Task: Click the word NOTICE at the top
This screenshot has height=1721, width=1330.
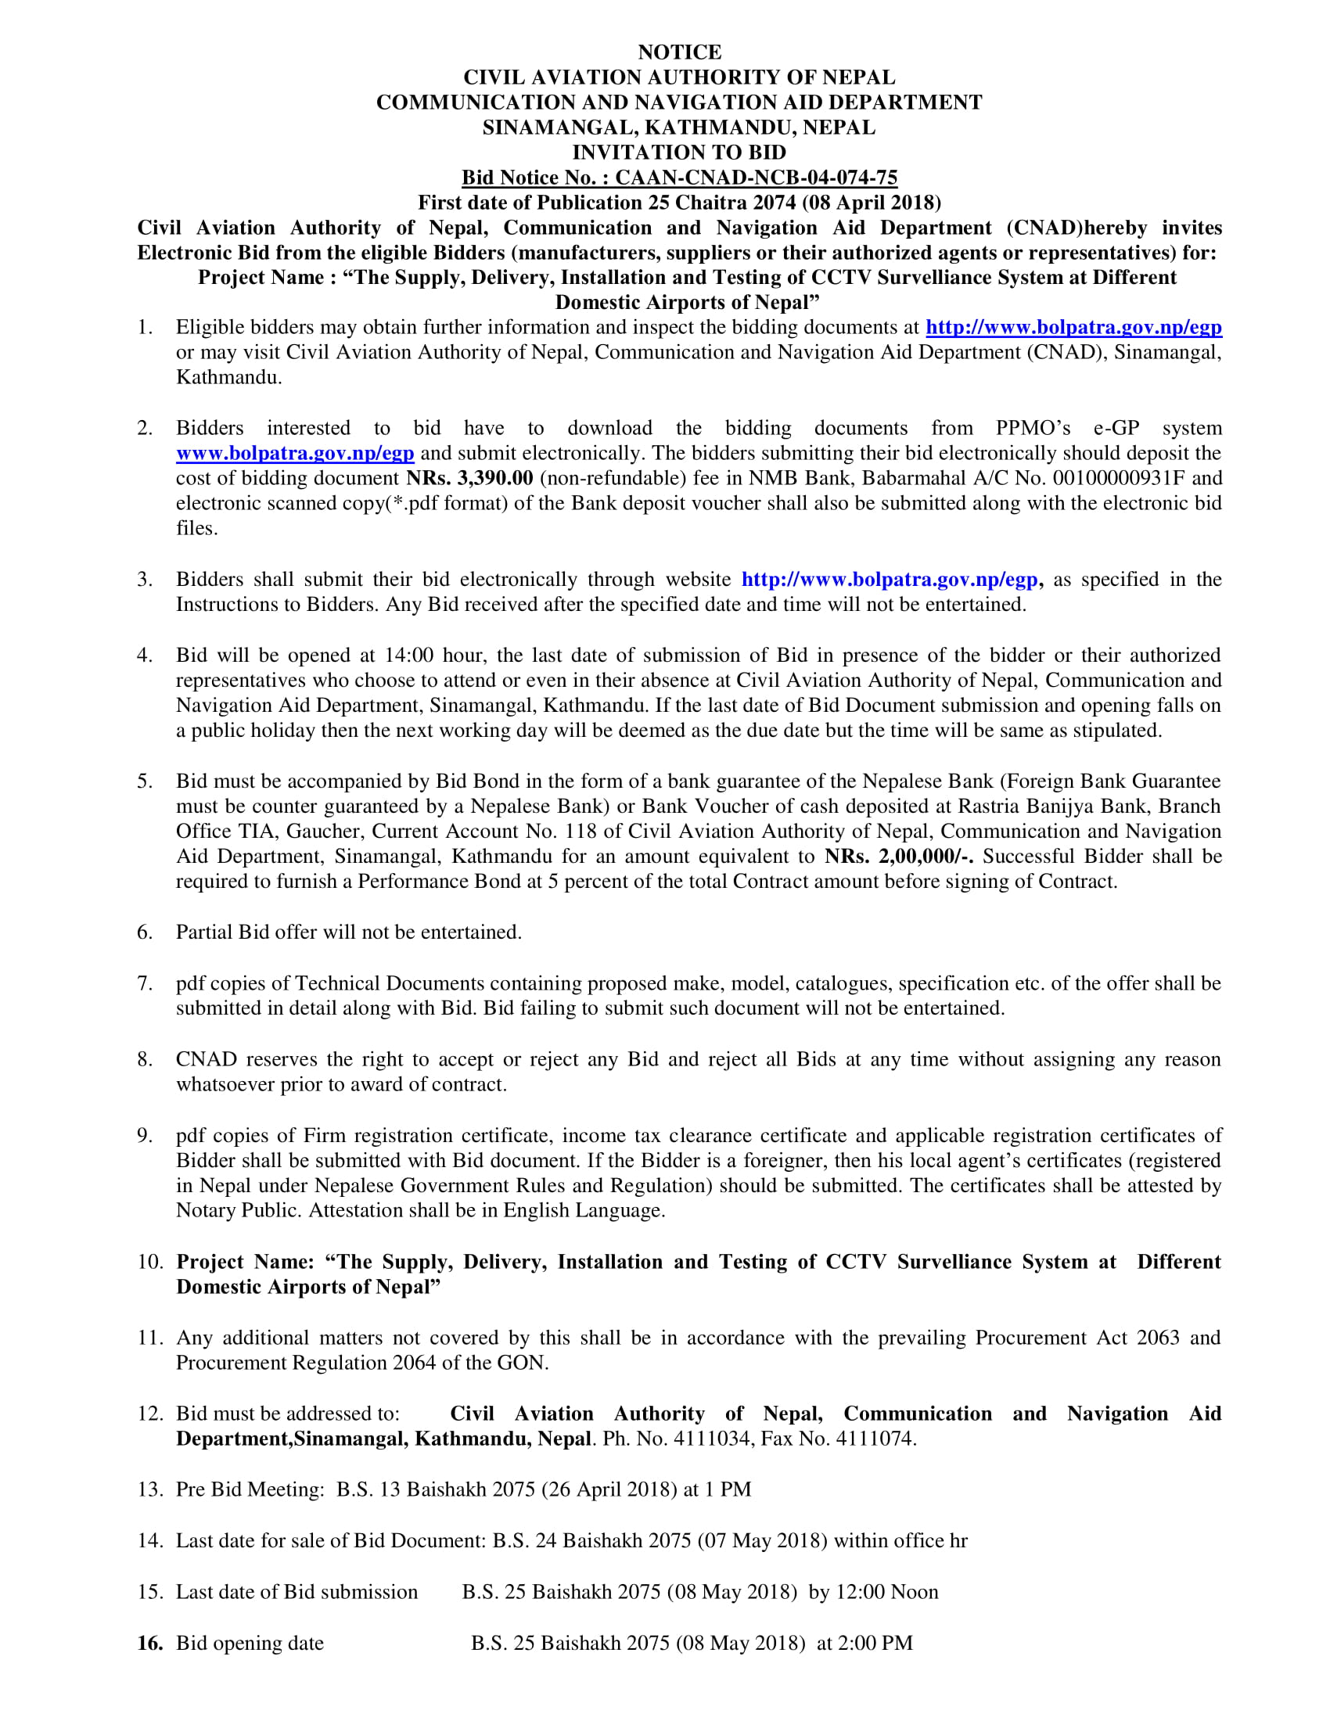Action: coord(679,52)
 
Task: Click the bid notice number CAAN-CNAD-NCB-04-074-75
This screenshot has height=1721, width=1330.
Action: coord(756,178)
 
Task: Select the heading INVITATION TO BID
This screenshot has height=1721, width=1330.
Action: coord(679,152)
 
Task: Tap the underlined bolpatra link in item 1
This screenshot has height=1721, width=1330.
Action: coord(1073,327)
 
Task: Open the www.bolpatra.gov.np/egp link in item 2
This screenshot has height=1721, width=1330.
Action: coord(295,453)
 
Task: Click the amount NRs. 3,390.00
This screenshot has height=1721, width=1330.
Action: coord(469,478)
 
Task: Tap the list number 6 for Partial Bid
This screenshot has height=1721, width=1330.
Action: coord(144,932)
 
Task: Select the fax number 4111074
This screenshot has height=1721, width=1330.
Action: coord(875,1439)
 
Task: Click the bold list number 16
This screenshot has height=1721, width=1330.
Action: coord(149,1643)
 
